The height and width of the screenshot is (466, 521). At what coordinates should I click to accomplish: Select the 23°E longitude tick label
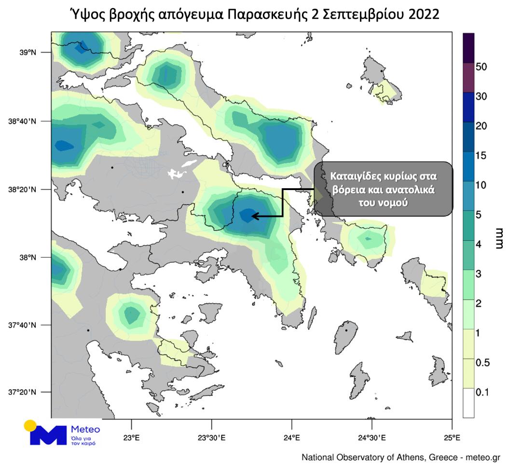[132, 438]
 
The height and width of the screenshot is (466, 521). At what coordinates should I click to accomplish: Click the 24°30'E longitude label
[371, 438]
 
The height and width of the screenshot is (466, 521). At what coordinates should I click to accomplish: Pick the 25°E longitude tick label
[452, 438]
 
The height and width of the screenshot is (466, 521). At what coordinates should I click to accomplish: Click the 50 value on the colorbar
[481, 67]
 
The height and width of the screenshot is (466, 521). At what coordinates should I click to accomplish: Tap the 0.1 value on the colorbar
[482, 392]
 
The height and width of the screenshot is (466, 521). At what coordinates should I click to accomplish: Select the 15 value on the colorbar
[481, 156]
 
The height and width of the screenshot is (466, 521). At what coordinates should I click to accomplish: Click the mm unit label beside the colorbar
[499, 238]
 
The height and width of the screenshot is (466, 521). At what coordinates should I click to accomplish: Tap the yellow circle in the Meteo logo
[30, 426]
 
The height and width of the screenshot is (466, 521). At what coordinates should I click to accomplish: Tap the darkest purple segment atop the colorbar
[468, 48]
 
